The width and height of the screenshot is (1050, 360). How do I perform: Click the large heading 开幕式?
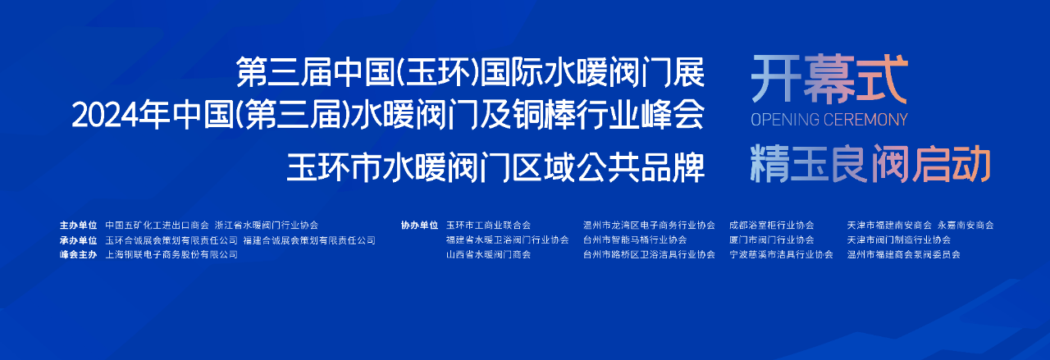(829, 79)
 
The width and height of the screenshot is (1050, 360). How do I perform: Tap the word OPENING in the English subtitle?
(785, 120)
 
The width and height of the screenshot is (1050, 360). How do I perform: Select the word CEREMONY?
(865, 120)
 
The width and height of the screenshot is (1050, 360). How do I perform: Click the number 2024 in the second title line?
(105, 116)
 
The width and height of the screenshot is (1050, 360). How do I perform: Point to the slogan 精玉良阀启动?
(870, 163)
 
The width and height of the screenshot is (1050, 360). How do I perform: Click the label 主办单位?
(78, 225)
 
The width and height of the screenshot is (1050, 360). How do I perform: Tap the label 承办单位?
(78, 240)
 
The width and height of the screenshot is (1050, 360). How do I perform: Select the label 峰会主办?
(78, 254)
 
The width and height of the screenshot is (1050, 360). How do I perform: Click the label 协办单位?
(419, 225)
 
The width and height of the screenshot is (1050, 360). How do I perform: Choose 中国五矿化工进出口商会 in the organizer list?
(157, 225)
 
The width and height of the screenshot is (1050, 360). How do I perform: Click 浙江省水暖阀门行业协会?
(267, 225)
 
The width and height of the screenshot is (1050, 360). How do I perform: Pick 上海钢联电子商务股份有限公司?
(171, 254)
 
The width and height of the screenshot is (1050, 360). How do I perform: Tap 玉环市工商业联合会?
(488, 225)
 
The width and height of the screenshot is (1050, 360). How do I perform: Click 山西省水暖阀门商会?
(488, 254)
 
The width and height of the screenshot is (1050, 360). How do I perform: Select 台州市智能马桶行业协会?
(635, 239)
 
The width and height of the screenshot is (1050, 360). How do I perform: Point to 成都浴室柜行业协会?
(772, 225)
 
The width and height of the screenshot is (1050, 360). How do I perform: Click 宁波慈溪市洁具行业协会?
(782, 254)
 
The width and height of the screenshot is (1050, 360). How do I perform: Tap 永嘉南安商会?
(966, 225)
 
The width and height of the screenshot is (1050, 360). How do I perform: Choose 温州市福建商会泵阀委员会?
(904, 254)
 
